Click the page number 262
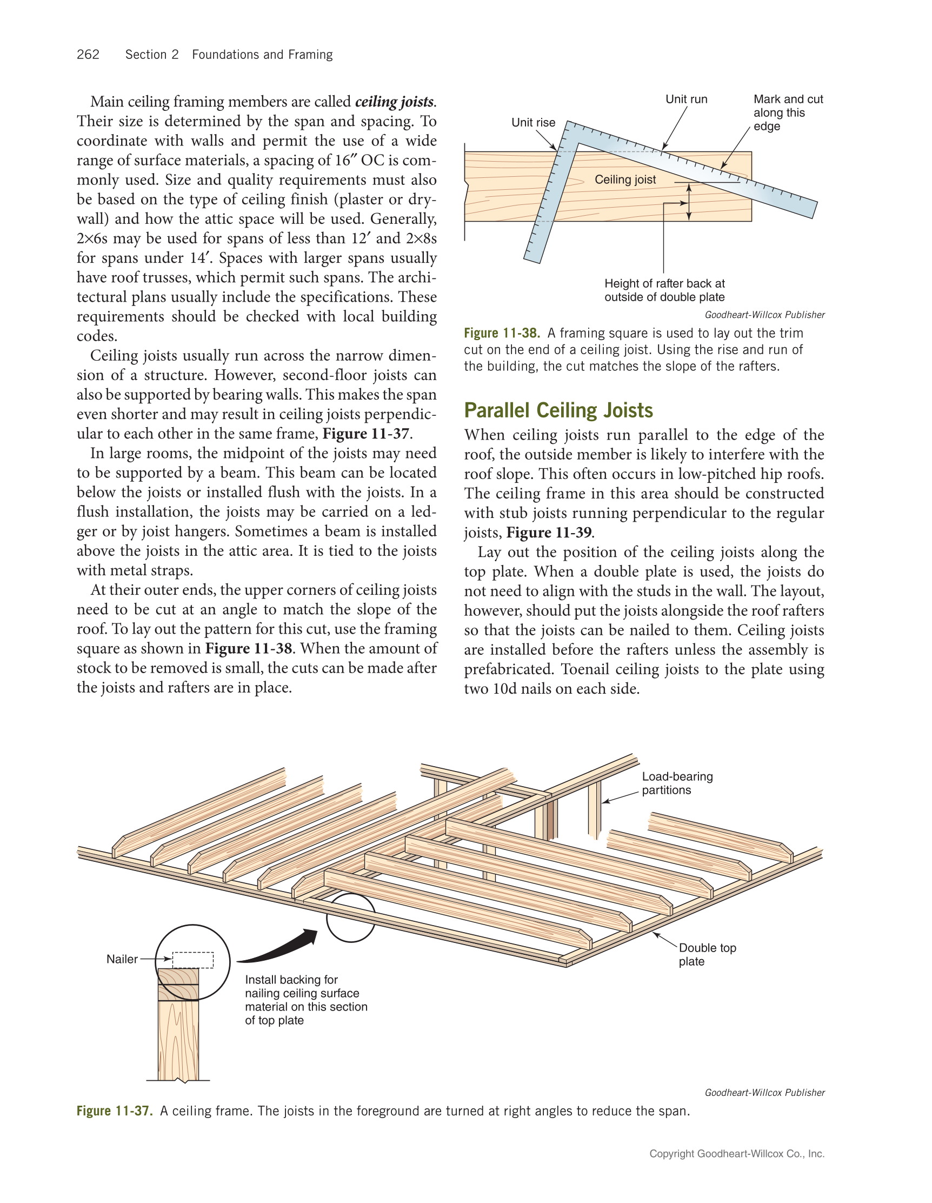click(x=88, y=55)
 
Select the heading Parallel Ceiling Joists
click(x=558, y=410)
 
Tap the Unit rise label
click(x=533, y=123)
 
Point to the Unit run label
click(x=686, y=99)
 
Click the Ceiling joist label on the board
click(x=624, y=180)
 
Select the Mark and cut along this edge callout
click(x=787, y=113)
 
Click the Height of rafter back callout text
click(x=664, y=290)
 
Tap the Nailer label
click(x=122, y=959)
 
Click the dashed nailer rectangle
click(x=193, y=960)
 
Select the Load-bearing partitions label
click(x=677, y=783)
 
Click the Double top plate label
click(x=707, y=955)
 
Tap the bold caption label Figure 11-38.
click(x=501, y=333)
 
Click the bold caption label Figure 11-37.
click(x=114, y=1111)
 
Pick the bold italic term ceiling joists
click(x=394, y=102)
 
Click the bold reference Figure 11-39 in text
click(x=549, y=533)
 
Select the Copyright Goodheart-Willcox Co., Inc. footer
click(x=736, y=1154)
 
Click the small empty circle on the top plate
click(x=351, y=918)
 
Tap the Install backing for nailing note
click(x=305, y=1000)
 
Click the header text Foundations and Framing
click(x=262, y=55)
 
